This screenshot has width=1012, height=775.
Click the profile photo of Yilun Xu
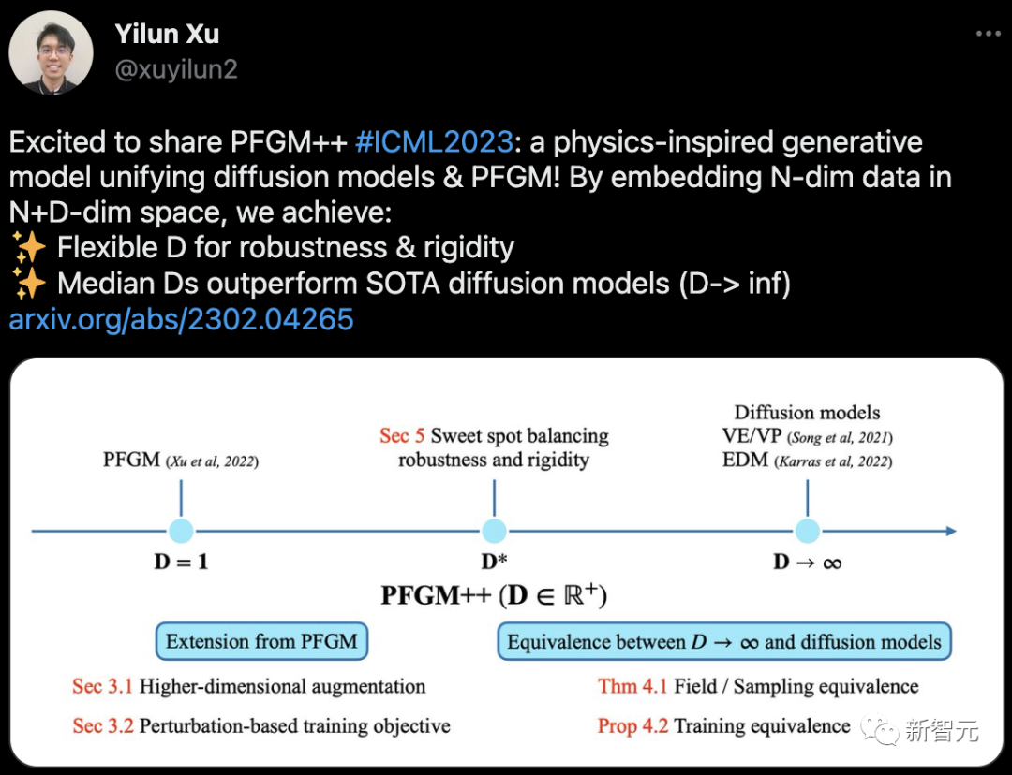pyautogui.click(x=51, y=52)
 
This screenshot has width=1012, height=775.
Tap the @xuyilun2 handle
pyautogui.click(x=175, y=70)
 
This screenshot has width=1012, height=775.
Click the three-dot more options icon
pyautogui.click(x=988, y=34)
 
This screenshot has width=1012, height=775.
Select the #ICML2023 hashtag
pyautogui.click(x=435, y=142)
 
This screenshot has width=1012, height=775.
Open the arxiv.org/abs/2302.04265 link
pyautogui.click(x=181, y=320)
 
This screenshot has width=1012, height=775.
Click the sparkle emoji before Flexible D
pyautogui.click(x=28, y=248)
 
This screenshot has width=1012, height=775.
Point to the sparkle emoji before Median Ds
pyautogui.click(x=28, y=284)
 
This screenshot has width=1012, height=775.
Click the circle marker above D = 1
pyautogui.click(x=181, y=531)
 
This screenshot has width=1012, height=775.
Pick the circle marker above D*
pyautogui.click(x=494, y=531)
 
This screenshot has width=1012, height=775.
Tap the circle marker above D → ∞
pyautogui.click(x=808, y=531)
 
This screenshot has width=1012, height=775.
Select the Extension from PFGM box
pyautogui.click(x=261, y=642)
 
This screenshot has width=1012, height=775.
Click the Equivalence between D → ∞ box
pyautogui.click(x=723, y=642)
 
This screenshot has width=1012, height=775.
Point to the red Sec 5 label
pyautogui.click(x=402, y=436)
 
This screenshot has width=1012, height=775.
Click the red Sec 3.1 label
pyautogui.click(x=102, y=686)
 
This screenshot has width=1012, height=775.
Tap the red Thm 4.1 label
pyautogui.click(x=632, y=686)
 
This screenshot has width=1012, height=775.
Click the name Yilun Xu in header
pyautogui.click(x=167, y=35)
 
